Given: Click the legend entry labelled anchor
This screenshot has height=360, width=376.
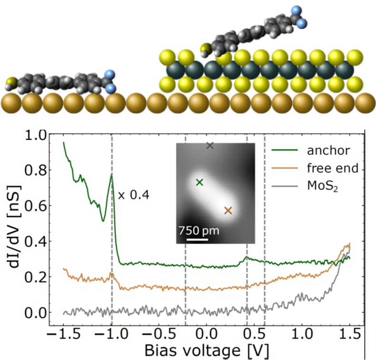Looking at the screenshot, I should (x=328, y=151).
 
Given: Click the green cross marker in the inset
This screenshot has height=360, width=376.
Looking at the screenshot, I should (x=199, y=182).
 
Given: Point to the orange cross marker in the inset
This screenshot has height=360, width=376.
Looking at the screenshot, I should (x=228, y=211).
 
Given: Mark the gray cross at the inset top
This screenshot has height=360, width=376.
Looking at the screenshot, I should (x=210, y=146).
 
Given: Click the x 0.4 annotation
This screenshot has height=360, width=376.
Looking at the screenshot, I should (x=134, y=194).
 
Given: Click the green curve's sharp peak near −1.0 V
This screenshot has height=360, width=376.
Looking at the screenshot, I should (x=112, y=175).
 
